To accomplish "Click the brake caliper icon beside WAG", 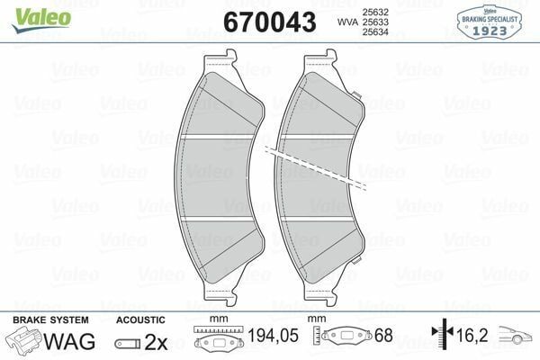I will (24, 341).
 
